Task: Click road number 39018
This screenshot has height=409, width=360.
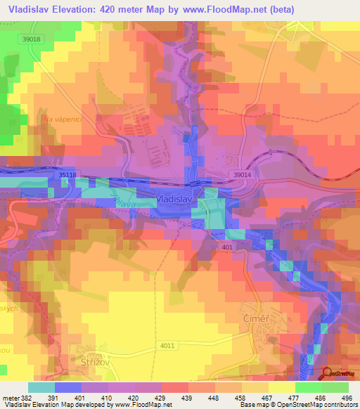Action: pos(32,39)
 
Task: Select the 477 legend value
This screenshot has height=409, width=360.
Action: pos(299,398)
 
